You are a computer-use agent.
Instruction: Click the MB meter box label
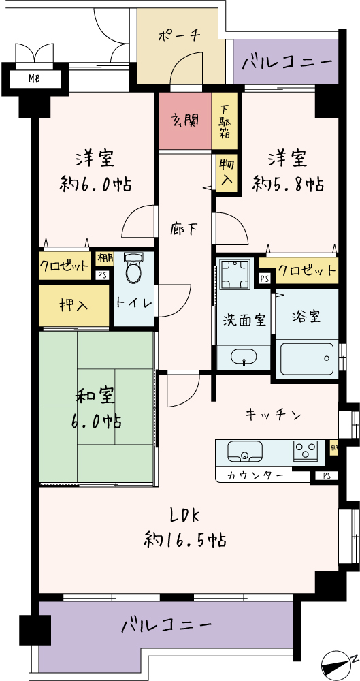click(x=35, y=79)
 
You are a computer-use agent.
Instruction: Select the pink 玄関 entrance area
click(x=185, y=121)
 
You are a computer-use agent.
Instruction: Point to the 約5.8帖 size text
click(x=287, y=184)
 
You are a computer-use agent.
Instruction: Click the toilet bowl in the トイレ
click(x=133, y=268)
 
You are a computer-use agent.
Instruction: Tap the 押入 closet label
click(x=73, y=306)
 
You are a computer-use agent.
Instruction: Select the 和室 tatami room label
click(x=95, y=397)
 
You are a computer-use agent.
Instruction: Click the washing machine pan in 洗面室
click(x=235, y=274)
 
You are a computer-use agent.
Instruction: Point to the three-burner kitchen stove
click(x=306, y=450)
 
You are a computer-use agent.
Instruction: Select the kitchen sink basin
click(x=245, y=452)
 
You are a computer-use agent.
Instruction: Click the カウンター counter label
click(x=256, y=475)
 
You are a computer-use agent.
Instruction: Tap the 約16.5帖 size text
click(x=184, y=540)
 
